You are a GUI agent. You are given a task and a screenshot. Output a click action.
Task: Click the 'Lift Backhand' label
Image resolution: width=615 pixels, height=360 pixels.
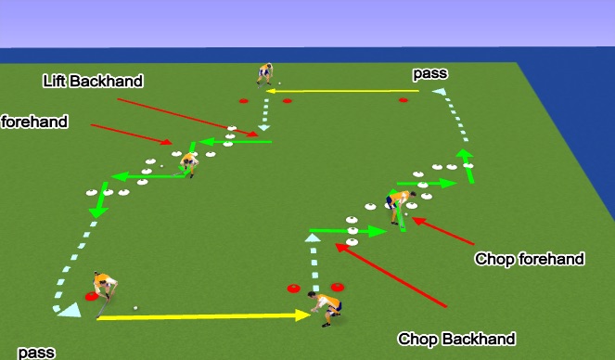(93, 82)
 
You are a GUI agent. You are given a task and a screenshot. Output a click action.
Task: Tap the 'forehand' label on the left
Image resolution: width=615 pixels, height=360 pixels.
(35, 122)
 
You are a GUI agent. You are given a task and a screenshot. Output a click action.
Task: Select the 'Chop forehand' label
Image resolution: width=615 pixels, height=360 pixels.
(529, 259)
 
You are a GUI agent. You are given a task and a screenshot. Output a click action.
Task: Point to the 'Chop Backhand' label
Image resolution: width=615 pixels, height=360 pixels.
(455, 339)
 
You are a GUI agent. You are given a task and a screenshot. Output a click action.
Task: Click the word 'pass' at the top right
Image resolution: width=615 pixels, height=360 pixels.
(429, 72)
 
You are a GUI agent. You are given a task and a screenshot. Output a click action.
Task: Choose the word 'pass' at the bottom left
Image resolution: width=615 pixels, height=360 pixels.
(36, 352)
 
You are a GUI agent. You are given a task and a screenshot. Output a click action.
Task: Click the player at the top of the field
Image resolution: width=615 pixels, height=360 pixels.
(265, 74)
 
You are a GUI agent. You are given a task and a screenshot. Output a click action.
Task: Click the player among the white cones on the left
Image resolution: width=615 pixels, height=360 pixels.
(189, 163)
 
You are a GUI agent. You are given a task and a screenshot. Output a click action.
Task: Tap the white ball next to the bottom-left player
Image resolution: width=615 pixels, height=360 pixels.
(135, 308)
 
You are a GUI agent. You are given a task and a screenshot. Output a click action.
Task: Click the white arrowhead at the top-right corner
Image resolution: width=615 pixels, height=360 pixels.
(440, 92)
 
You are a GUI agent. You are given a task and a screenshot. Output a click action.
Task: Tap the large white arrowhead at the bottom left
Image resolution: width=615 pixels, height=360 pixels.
(66, 313)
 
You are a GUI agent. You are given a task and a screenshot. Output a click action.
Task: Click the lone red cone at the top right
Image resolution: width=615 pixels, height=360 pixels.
(403, 100)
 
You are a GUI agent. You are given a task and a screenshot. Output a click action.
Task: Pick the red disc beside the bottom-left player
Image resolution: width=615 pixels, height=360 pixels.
(92, 297)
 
